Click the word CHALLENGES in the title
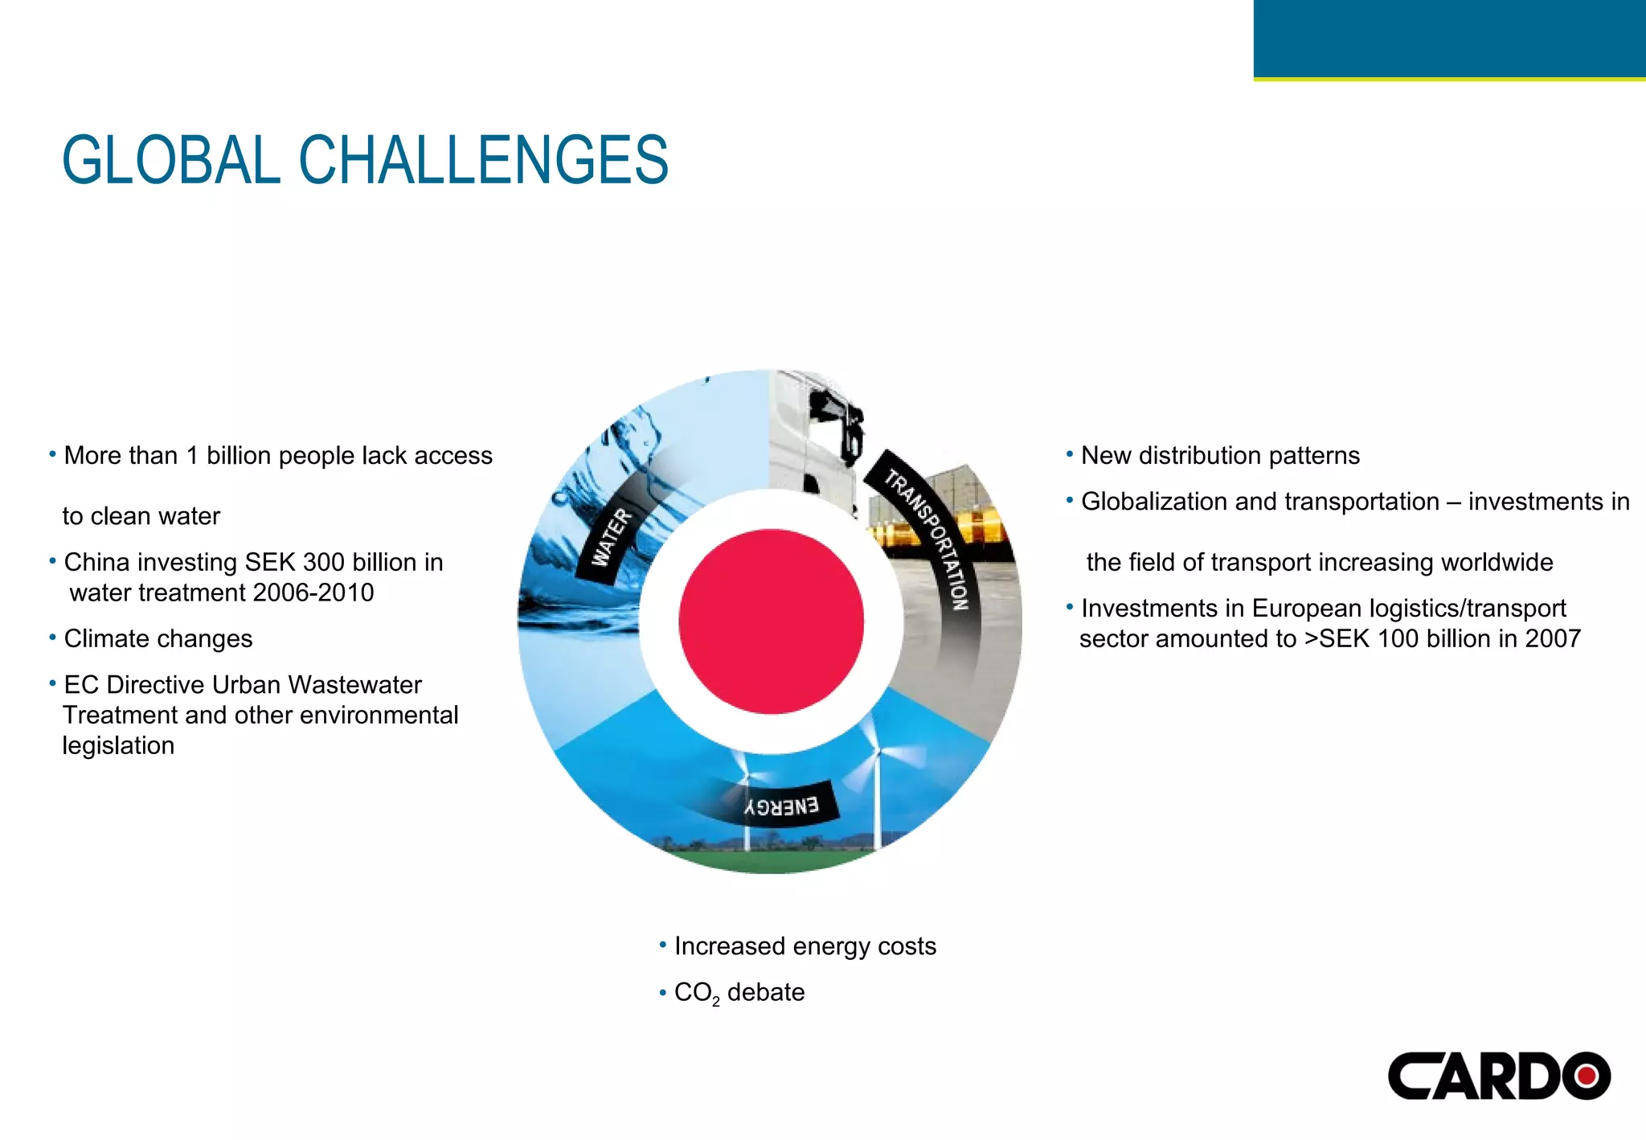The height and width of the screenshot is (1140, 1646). [483, 160]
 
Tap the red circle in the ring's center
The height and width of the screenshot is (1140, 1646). [771, 621]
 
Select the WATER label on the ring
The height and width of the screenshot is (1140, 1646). [612, 537]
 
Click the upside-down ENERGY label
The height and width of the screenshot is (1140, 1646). [781, 806]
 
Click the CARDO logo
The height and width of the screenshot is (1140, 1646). [1498, 1076]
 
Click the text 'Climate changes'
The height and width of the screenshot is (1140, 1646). [158, 639]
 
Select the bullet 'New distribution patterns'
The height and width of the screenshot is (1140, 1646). [1219, 456]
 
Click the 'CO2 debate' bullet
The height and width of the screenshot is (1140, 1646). [739, 993]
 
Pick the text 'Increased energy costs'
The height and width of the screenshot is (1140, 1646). [805, 946]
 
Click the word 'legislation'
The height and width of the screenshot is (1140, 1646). [118, 746]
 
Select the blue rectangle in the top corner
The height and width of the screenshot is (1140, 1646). [1449, 39]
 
